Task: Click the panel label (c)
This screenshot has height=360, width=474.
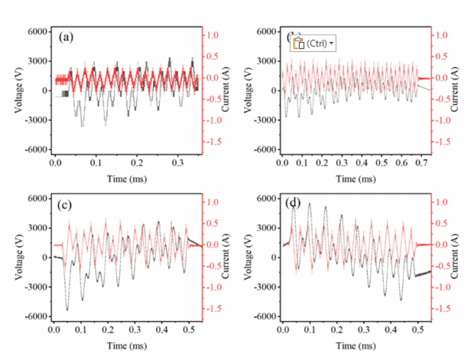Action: (x=67, y=205)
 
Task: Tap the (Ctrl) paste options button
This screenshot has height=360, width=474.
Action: (x=314, y=43)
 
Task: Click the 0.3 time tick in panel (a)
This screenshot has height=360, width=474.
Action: (x=179, y=164)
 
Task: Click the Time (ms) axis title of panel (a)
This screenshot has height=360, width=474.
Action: (x=128, y=178)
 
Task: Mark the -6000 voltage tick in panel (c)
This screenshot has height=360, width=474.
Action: (x=38, y=317)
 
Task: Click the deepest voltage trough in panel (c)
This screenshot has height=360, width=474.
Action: (x=67, y=310)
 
